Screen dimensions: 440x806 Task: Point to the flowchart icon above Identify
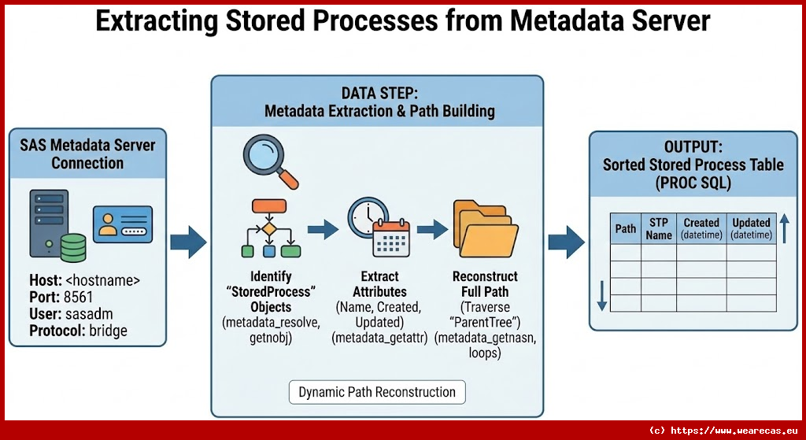tap(269, 229)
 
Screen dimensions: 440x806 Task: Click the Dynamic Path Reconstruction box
tap(377, 392)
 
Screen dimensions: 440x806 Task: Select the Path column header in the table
tap(626, 229)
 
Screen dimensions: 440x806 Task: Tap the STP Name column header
tap(659, 229)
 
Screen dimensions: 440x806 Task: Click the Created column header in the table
tap(701, 229)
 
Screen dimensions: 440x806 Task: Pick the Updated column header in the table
tap(751, 229)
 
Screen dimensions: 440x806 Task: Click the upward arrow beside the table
tap(784, 228)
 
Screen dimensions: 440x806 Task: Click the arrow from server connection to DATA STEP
tap(188, 242)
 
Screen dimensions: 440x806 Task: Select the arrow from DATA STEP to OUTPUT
tap(566, 242)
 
